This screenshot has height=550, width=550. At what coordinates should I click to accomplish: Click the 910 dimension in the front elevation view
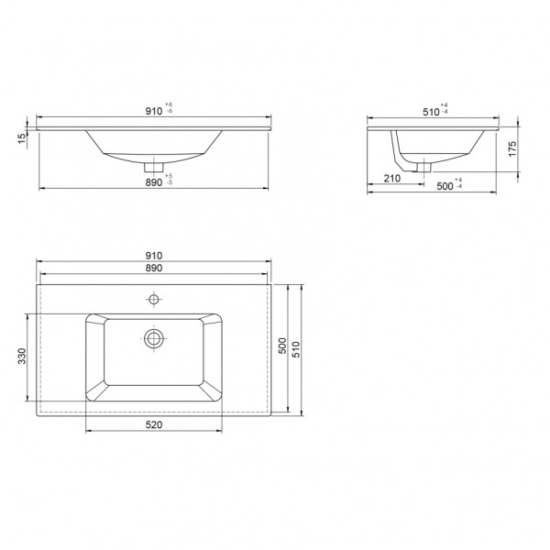152,112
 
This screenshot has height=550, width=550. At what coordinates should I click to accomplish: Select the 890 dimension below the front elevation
153,182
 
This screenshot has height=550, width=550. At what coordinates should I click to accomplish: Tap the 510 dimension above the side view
429,112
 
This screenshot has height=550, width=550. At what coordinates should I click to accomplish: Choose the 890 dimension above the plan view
152,269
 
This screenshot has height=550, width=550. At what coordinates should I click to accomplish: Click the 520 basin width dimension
153,424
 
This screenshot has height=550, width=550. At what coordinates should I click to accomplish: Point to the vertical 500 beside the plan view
282,346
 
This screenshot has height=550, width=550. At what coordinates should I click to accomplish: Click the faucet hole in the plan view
154,298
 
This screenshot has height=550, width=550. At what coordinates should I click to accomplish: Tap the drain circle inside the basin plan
154,337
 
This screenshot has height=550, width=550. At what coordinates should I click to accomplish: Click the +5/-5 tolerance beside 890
170,179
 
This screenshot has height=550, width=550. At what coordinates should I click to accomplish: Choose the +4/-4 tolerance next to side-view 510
445,110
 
